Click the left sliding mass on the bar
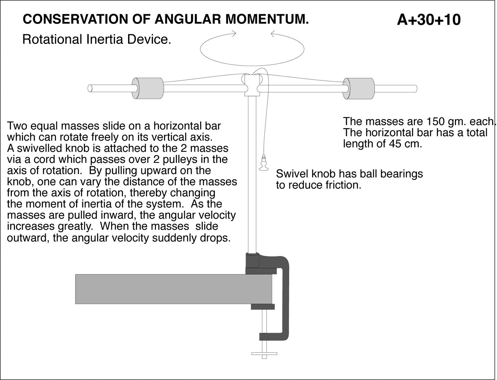tap(148, 88)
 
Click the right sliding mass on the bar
tap(359, 88)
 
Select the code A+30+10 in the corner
tap(428, 20)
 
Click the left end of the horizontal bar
tap(90, 88)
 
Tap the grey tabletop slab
tap(173, 289)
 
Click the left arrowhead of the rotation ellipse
tap(234, 33)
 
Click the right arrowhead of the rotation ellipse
tap(273, 33)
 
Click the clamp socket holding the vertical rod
tap(252, 261)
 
